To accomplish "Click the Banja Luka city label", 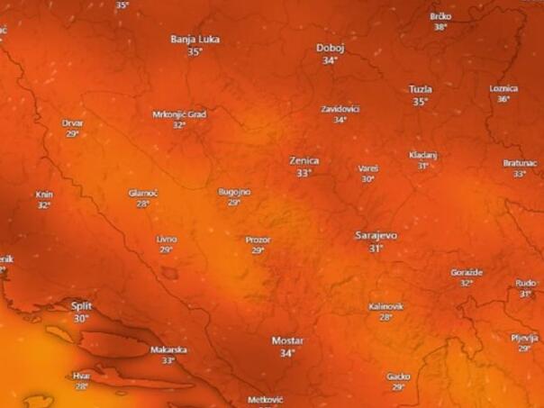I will (195, 39).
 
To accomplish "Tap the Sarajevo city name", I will (376, 235).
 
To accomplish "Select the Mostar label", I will (287, 340).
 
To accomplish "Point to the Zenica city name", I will (304, 160).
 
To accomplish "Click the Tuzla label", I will (420, 89).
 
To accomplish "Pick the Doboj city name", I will (330, 48).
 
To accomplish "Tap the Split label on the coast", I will (81, 306).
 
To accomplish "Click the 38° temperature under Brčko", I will (440, 27).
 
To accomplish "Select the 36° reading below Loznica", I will (503, 99).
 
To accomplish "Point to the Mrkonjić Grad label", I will (179, 114).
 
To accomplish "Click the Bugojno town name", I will (234, 192).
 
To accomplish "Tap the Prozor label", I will (258, 240).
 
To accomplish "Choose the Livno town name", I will (167, 239).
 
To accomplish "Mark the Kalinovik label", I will (385, 306).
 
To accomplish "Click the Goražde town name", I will (467, 272).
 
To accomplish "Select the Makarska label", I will (168, 349).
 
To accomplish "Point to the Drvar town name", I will (72, 122).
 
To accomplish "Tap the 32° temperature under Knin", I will (43, 205).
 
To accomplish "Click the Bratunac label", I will (520, 163).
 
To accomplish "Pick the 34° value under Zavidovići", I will (340, 119).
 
